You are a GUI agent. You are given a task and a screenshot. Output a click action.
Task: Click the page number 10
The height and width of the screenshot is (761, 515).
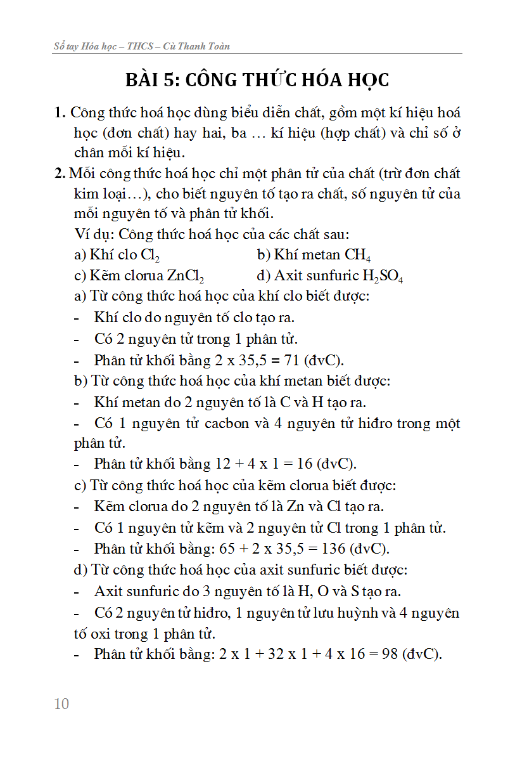click(61, 703)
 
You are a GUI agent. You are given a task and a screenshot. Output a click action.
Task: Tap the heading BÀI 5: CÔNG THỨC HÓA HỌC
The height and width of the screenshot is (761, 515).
click(257, 81)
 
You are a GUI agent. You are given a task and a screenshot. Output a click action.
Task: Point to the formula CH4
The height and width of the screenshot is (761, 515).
click(358, 256)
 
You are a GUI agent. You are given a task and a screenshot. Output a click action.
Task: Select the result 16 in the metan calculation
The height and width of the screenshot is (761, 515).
click(305, 464)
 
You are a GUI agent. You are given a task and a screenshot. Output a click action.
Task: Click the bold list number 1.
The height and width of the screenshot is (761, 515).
click(60, 114)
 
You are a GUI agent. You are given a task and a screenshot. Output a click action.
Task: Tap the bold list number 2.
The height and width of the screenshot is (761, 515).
click(60, 173)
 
